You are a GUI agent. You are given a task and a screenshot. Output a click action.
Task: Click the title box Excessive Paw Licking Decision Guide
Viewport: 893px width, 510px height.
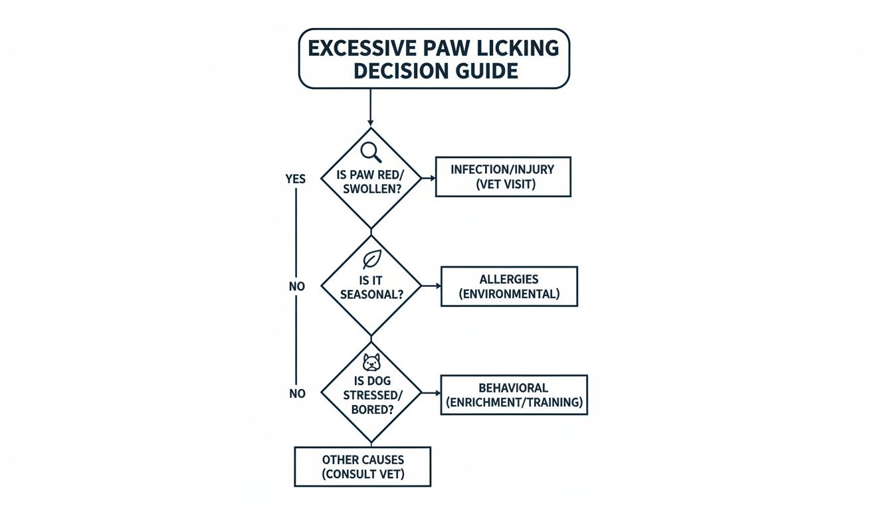(434, 58)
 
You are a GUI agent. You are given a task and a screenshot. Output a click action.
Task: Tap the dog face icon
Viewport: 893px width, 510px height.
(371, 363)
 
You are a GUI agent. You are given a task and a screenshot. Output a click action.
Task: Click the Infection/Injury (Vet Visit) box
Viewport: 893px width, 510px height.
(502, 177)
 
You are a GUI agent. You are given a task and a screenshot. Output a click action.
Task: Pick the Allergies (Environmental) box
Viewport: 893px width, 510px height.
(509, 286)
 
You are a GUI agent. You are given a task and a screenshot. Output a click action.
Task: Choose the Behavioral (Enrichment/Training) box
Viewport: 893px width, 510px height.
(514, 394)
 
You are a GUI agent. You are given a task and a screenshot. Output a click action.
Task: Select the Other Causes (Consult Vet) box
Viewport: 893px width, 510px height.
(363, 467)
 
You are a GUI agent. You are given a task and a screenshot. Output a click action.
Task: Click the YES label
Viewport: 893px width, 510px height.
(295, 179)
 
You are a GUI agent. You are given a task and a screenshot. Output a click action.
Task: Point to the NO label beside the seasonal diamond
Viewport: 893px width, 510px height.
(296, 288)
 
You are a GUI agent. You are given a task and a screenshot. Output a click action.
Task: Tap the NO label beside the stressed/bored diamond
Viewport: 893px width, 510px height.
(297, 394)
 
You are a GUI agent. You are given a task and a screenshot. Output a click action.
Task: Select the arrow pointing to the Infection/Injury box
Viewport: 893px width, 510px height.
(428, 177)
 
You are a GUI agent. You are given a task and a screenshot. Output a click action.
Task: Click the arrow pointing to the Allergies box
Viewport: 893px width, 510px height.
(432, 286)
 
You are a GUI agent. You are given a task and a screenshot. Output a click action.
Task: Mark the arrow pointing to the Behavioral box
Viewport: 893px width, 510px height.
(432, 394)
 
